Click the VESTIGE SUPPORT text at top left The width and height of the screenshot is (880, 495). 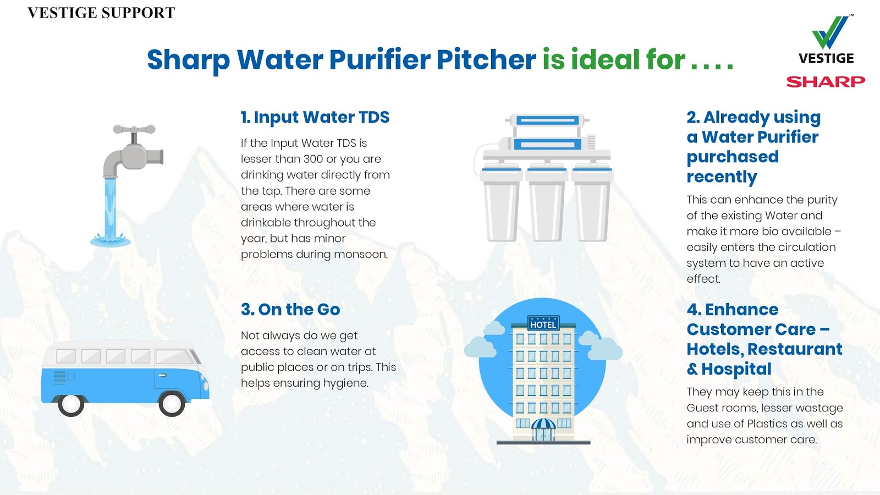(x=101, y=13)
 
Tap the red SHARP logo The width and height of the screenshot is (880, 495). (x=826, y=82)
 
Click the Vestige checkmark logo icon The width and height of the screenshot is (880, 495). (x=831, y=33)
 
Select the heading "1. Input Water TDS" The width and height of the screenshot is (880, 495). (x=315, y=117)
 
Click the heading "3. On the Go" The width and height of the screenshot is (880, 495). (x=290, y=310)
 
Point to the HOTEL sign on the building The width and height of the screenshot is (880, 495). (x=543, y=324)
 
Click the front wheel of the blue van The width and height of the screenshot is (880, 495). (x=172, y=404)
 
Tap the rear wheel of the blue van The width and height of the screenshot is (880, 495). (x=71, y=404)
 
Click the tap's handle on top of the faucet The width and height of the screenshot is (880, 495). (x=134, y=130)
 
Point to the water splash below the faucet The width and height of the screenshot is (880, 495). (x=111, y=240)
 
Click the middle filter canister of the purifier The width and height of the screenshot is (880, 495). (x=547, y=204)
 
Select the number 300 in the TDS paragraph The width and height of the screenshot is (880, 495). (x=313, y=159)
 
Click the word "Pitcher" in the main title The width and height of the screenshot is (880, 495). (x=486, y=59)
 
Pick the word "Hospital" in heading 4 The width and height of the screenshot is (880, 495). (x=736, y=369)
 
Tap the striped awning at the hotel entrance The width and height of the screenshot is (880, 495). (x=543, y=424)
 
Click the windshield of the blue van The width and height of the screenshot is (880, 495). (x=177, y=357)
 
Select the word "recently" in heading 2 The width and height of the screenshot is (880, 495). (x=722, y=177)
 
